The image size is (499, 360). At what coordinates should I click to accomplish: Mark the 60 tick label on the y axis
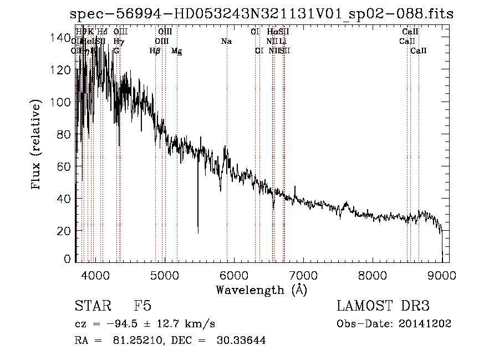tap(63, 166)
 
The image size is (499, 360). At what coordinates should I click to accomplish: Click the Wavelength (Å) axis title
tap(261, 290)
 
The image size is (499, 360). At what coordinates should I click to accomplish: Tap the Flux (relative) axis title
tap(37, 145)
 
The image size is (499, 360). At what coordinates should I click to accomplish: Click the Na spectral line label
tap(226, 42)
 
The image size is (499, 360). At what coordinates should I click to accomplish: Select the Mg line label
tap(176, 51)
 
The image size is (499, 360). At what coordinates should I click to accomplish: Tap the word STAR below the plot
tap(91, 306)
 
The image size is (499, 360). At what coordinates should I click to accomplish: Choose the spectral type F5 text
tap(142, 306)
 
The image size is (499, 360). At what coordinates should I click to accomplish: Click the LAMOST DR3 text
tap(383, 306)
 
